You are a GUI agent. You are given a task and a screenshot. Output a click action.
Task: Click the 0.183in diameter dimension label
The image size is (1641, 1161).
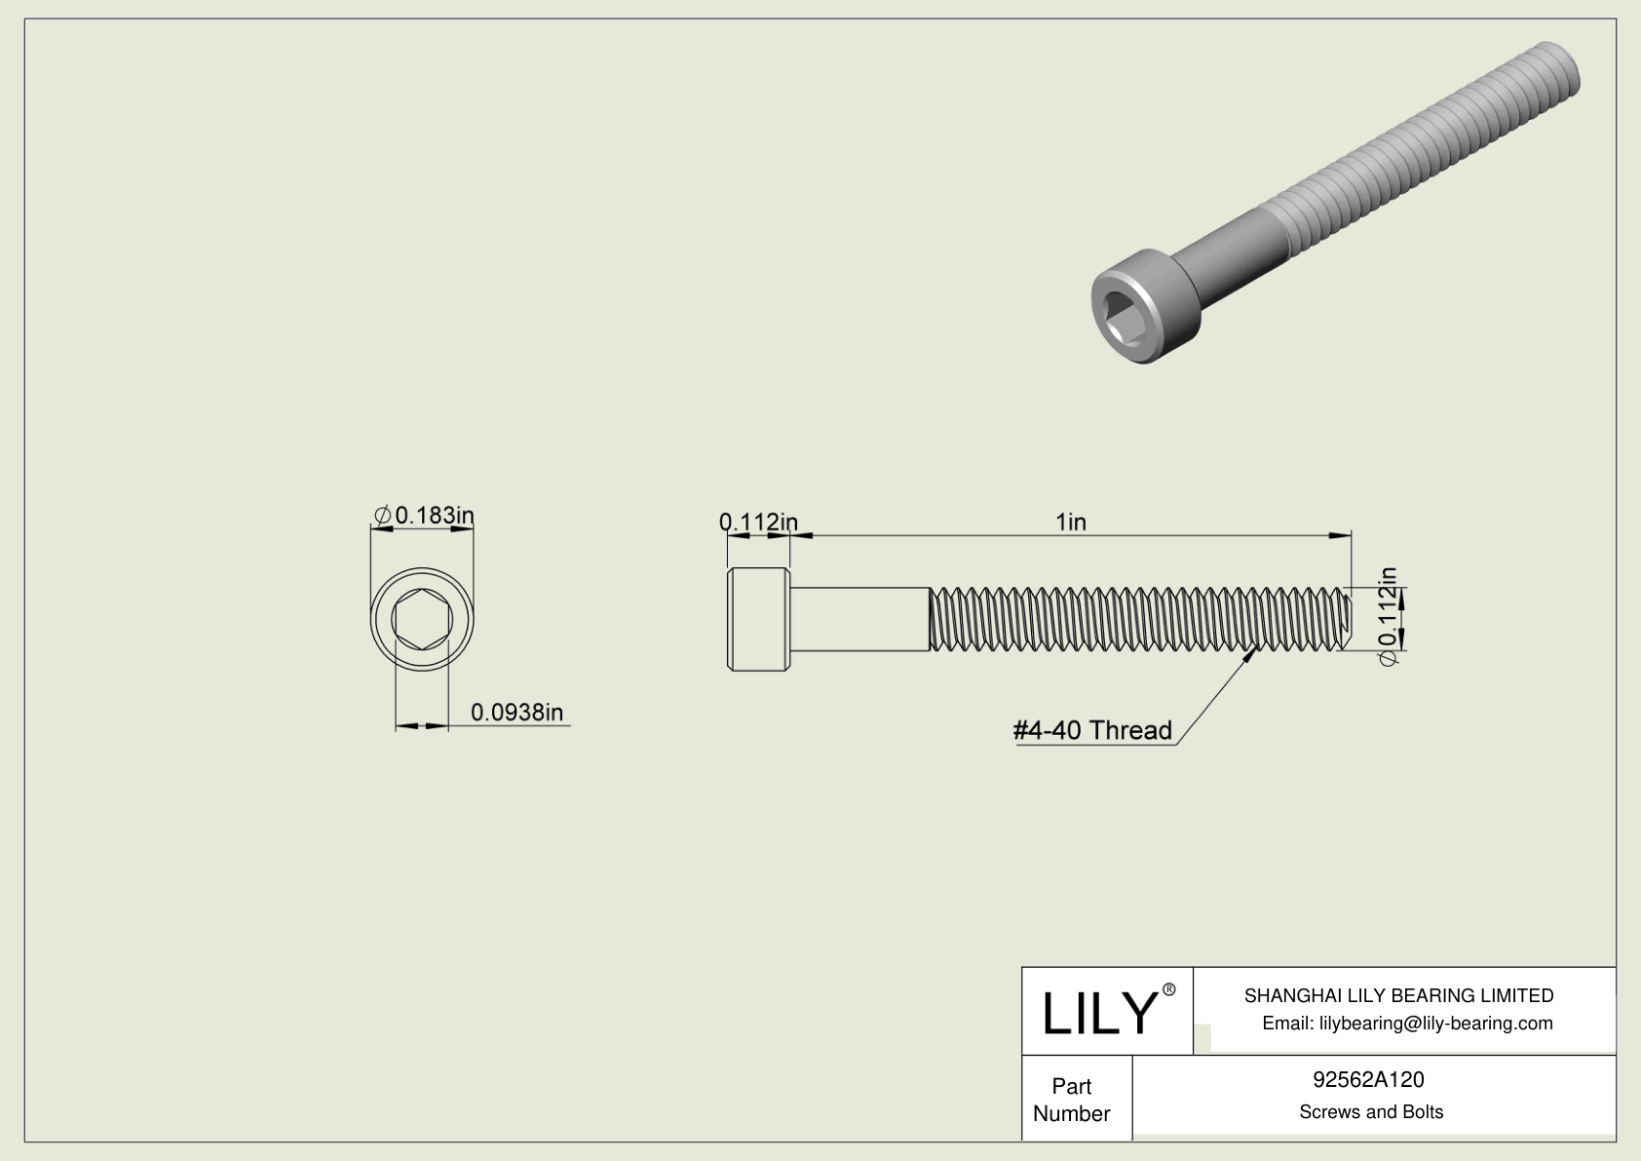[425, 515]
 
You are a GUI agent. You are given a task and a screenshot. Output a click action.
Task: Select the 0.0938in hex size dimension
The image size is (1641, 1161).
[516, 713]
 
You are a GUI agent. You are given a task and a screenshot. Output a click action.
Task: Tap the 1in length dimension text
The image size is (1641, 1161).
[1070, 522]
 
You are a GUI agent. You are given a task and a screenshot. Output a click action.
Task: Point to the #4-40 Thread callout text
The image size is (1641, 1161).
[1092, 730]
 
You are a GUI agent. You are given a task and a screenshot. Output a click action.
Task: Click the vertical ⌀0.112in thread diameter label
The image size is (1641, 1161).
[1388, 616]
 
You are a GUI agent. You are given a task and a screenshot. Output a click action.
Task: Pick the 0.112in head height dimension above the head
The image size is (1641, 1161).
[758, 522]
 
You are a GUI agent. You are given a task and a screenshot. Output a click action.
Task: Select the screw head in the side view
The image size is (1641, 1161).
[758, 619]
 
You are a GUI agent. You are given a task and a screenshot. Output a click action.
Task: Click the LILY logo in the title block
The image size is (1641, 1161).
[1098, 1013]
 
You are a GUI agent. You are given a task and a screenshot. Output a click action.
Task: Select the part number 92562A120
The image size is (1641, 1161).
[1368, 1079]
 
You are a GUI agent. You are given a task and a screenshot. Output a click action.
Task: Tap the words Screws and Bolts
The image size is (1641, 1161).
[1370, 1112]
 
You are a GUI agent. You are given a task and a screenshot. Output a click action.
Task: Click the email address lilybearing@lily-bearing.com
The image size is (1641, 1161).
[1407, 1024]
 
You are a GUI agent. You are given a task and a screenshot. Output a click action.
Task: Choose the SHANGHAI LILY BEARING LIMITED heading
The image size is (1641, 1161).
[1398, 995]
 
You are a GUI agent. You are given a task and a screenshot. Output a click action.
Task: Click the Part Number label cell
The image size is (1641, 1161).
[1071, 1100]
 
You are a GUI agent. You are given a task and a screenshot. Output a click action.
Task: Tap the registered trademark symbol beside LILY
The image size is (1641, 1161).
[1169, 989]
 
